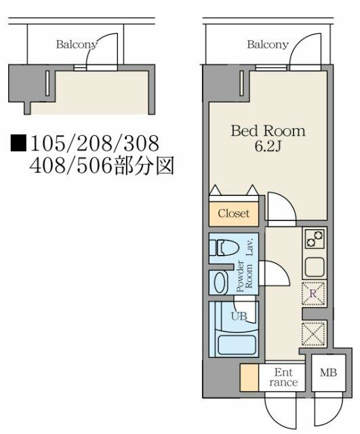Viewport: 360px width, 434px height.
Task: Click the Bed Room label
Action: [x=268, y=131]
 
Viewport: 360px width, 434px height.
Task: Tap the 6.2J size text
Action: [x=268, y=146]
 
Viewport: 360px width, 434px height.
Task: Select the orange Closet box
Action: [x=234, y=214]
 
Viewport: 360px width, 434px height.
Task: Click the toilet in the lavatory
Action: [x=224, y=248]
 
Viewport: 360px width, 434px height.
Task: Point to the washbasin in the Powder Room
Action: [x=220, y=282]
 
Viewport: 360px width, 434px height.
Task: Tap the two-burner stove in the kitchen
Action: [x=315, y=239]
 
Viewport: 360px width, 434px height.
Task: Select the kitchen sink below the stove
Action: [x=315, y=267]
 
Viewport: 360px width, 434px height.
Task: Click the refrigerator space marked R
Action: [x=313, y=294]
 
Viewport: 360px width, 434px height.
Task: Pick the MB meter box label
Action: [x=328, y=373]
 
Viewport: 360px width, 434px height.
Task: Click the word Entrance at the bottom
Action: [x=283, y=377]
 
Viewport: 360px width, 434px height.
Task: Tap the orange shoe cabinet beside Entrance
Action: [x=249, y=378]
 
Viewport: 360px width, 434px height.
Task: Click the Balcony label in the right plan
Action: [x=268, y=45]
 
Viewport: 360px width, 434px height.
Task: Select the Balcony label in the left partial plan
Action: [x=77, y=45]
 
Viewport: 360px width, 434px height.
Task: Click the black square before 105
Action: [x=18, y=143]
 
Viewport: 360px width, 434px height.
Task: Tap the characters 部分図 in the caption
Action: [x=144, y=166]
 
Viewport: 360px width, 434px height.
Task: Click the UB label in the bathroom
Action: [x=239, y=316]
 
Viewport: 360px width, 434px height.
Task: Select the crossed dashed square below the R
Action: [x=313, y=334]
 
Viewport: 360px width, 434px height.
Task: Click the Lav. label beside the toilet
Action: [x=250, y=247]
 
